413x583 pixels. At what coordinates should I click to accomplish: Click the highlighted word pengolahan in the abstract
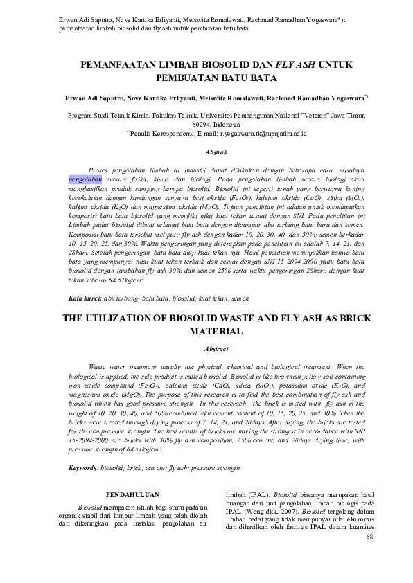click(85, 178)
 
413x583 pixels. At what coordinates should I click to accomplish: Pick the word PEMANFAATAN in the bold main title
click(119, 64)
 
